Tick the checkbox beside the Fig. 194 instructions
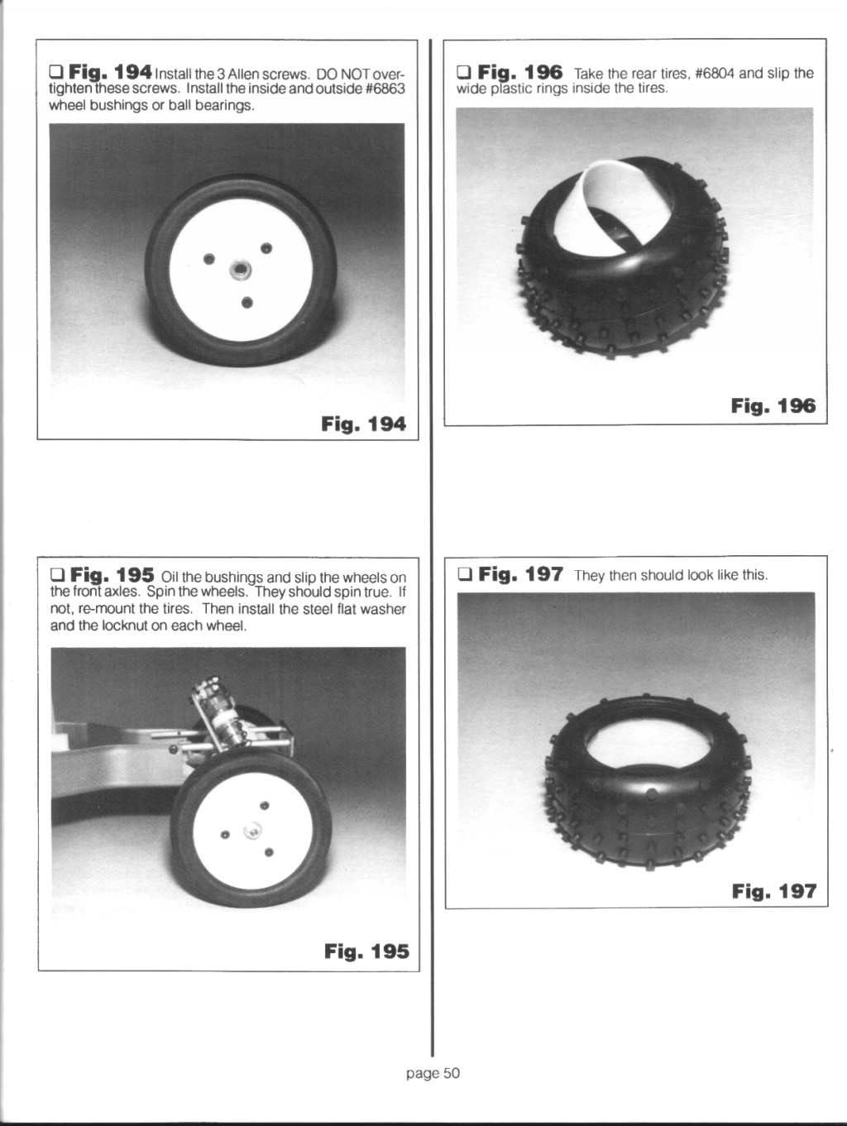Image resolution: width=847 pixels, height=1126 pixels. (55, 70)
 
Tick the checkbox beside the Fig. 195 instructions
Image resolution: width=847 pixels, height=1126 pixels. (57, 573)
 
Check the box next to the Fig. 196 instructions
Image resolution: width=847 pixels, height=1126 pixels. (463, 71)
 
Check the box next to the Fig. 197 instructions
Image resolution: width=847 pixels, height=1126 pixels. (465, 574)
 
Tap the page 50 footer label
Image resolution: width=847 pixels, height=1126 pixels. (433, 1073)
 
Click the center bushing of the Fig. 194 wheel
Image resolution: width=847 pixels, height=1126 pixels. (239, 269)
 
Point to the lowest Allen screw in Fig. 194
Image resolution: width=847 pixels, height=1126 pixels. (247, 303)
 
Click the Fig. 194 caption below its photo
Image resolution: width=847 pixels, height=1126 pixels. (363, 424)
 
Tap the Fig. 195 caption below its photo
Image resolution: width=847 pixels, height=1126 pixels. (366, 951)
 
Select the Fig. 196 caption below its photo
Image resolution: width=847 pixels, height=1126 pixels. (773, 406)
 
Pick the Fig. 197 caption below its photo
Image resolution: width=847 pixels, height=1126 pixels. (774, 891)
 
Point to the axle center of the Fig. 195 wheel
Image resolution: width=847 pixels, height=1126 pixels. (252, 828)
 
